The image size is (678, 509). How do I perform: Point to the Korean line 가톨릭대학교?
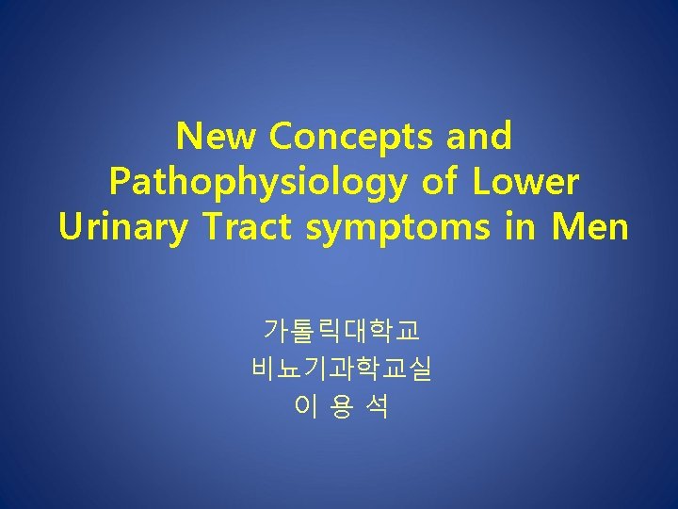(x=342, y=331)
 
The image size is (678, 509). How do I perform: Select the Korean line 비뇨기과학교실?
(x=342, y=369)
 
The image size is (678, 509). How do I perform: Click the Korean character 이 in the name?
(x=305, y=406)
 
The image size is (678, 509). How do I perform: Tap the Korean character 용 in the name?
(x=342, y=406)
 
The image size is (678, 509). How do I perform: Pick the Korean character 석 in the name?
(x=378, y=406)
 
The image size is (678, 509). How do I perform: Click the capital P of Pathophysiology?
(x=121, y=181)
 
